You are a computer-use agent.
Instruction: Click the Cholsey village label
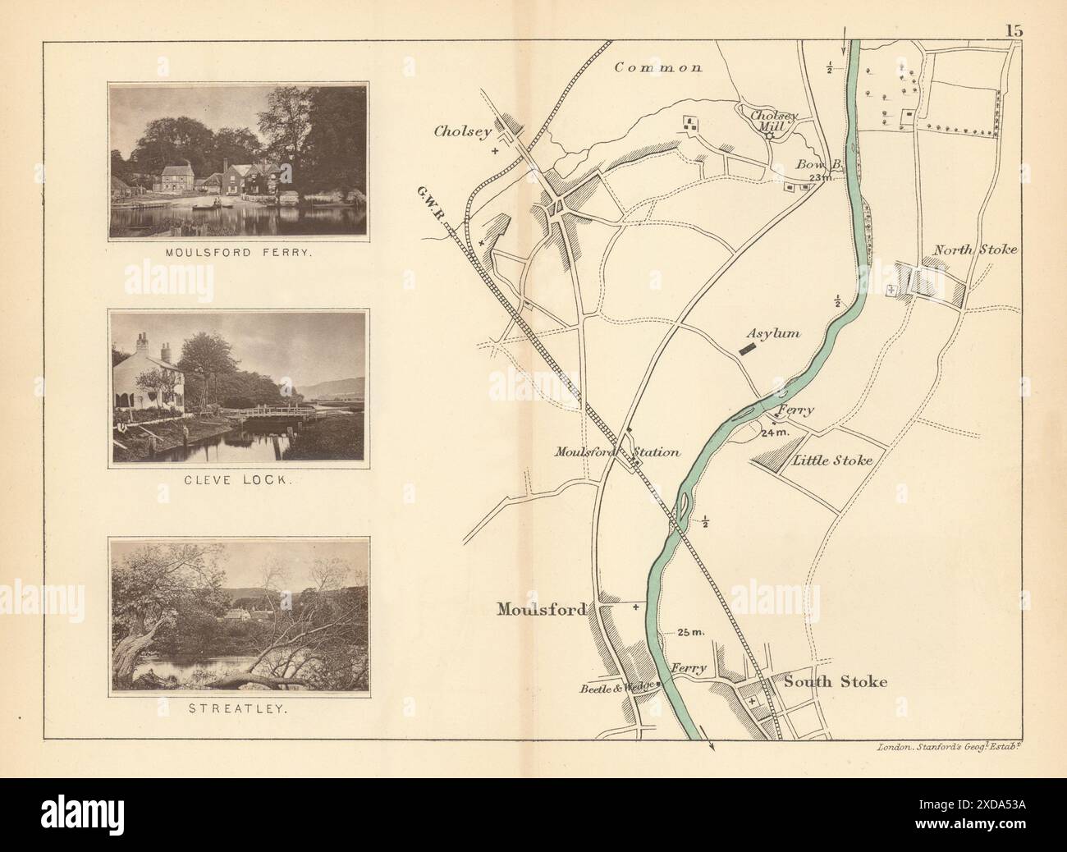pos(463,131)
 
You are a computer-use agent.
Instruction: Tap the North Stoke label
pos(975,250)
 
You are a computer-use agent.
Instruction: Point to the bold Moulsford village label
pos(541,609)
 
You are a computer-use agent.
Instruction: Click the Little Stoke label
pos(831,460)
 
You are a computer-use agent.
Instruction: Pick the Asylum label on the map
pos(772,334)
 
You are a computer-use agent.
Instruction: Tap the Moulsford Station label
pos(616,451)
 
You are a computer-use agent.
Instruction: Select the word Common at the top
pos(658,68)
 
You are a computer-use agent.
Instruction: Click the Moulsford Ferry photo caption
pos(237,254)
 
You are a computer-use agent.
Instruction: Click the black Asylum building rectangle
pos(746,349)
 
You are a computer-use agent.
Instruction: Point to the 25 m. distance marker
pos(691,632)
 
